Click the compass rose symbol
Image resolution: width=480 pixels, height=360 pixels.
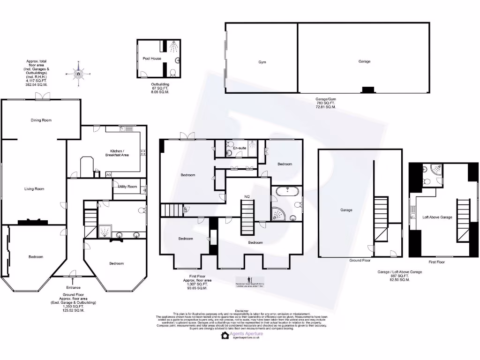pos(78,74)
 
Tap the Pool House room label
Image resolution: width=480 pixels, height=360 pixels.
pos(152,59)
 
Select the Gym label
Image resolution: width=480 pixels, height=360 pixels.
pos(262,62)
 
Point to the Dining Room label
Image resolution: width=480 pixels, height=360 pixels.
pos(41,120)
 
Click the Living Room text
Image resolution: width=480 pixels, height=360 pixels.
pos(34,189)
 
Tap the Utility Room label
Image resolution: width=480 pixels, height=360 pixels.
pos(127,187)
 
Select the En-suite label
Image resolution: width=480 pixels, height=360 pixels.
pos(240,148)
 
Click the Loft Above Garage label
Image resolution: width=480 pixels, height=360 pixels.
pos(437,217)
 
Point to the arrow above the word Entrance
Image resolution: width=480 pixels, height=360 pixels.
pos(73,282)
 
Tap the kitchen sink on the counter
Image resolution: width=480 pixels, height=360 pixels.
pos(127,128)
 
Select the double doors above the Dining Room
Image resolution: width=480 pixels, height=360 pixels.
pos(43,96)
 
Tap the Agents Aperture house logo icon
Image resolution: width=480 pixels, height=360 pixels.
pos(225,335)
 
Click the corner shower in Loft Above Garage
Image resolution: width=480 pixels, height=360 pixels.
pos(435,169)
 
